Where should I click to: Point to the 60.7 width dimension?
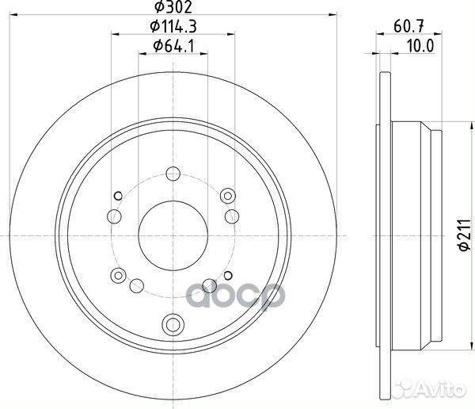coord(406,28)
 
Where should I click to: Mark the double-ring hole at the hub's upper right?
coord(230,195)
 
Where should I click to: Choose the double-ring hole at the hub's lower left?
coord(119,275)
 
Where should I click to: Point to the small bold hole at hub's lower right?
coord(209,285)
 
